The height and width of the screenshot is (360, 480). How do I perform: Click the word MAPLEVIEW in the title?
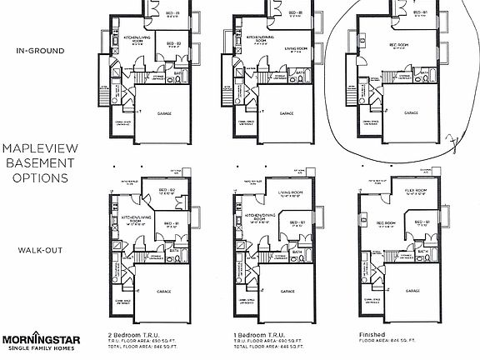click(x=35, y=147)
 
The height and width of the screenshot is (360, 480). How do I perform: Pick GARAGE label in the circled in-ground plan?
click(x=412, y=112)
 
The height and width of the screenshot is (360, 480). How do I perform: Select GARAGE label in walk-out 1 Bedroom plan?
click(x=287, y=291)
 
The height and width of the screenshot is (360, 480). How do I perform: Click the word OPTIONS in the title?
click(x=35, y=177)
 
